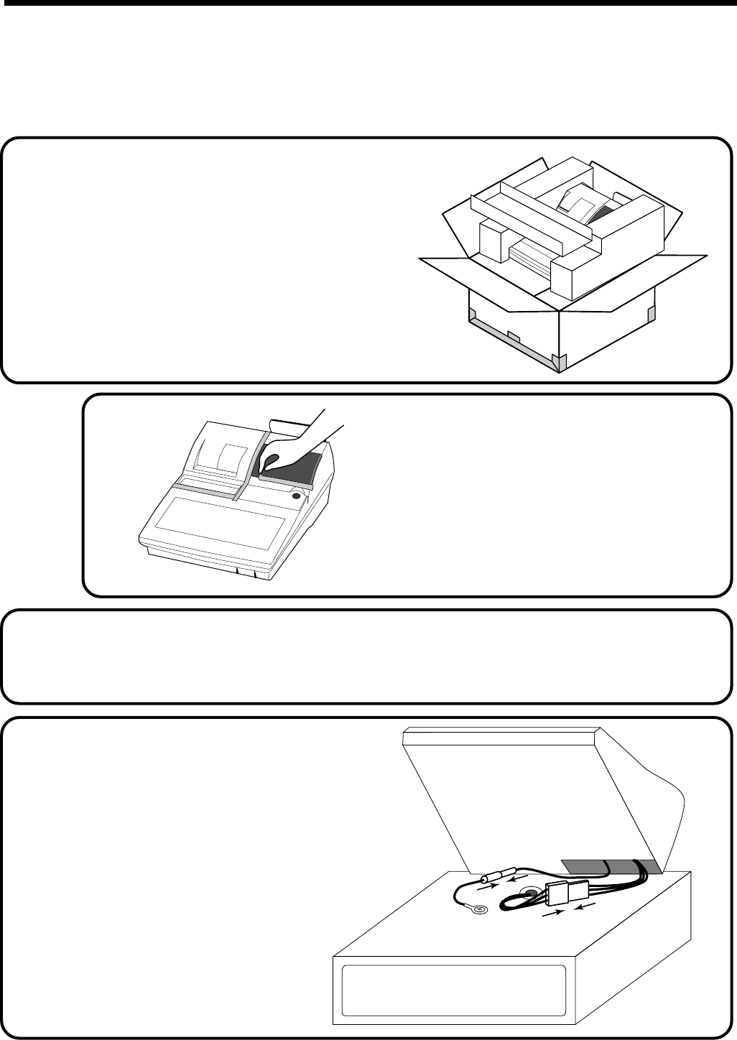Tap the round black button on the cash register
click(x=296, y=496)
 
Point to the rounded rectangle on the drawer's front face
click(x=453, y=990)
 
